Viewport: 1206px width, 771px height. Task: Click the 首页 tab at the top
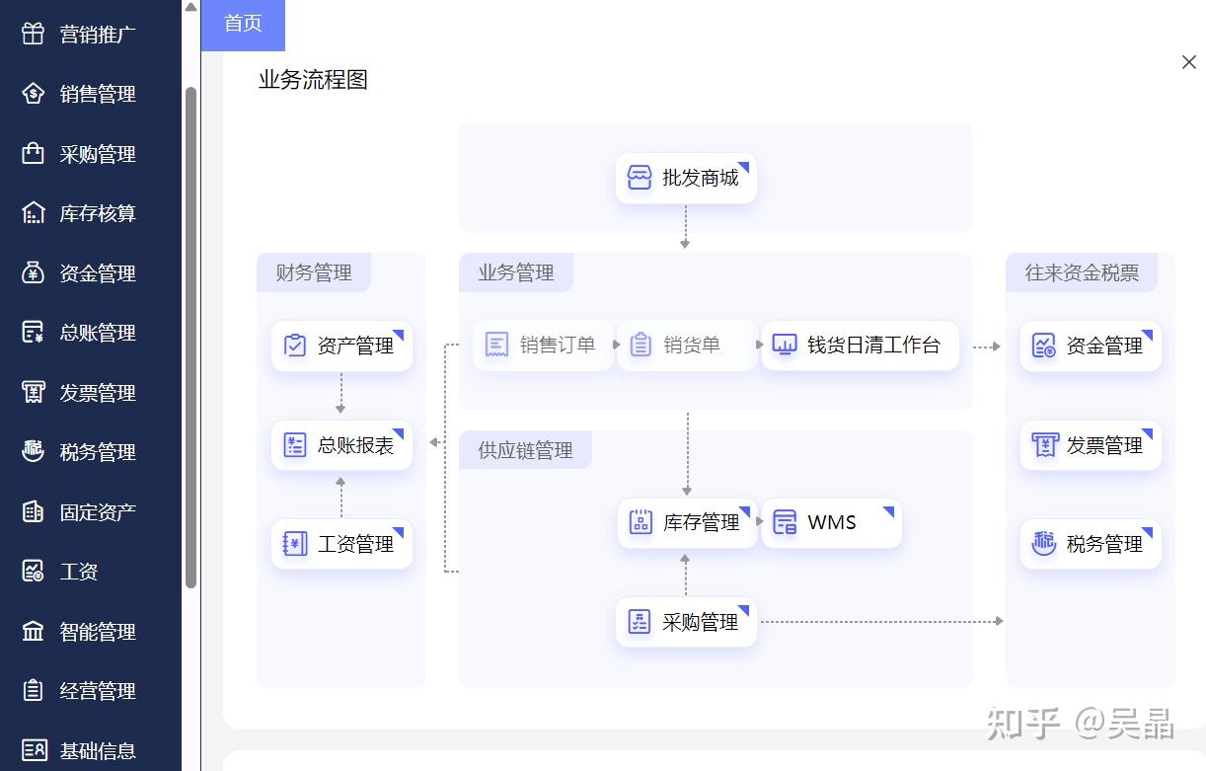(x=243, y=25)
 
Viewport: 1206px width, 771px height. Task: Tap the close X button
(x=1189, y=62)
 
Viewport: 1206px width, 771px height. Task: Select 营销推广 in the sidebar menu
(x=79, y=34)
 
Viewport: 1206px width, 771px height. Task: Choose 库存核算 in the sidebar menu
(x=79, y=213)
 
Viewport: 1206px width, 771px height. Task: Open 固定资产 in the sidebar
(x=79, y=512)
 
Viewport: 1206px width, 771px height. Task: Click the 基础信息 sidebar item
(x=79, y=750)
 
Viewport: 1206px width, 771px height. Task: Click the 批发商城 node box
(x=686, y=178)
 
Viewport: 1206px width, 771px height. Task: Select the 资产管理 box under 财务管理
(x=341, y=346)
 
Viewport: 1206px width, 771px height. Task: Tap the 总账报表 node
(x=341, y=445)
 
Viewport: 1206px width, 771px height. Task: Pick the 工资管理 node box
(x=341, y=544)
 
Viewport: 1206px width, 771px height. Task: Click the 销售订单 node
(x=543, y=346)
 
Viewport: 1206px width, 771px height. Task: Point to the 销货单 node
(x=687, y=346)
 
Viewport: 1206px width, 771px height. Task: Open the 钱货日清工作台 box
(x=860, y=346)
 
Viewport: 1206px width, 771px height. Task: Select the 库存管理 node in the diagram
(x=687, y=523)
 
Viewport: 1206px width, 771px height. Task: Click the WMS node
(x=831, y=523)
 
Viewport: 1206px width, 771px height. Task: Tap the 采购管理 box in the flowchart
(x=686, y=622)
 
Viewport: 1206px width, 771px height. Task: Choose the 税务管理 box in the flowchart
(x=1091, y=544)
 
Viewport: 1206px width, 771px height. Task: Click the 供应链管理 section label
(x=525, y=450)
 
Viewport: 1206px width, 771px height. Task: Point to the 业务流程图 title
(x=313, y=80)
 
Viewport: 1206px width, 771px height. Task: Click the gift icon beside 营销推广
(x=33, y=34)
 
